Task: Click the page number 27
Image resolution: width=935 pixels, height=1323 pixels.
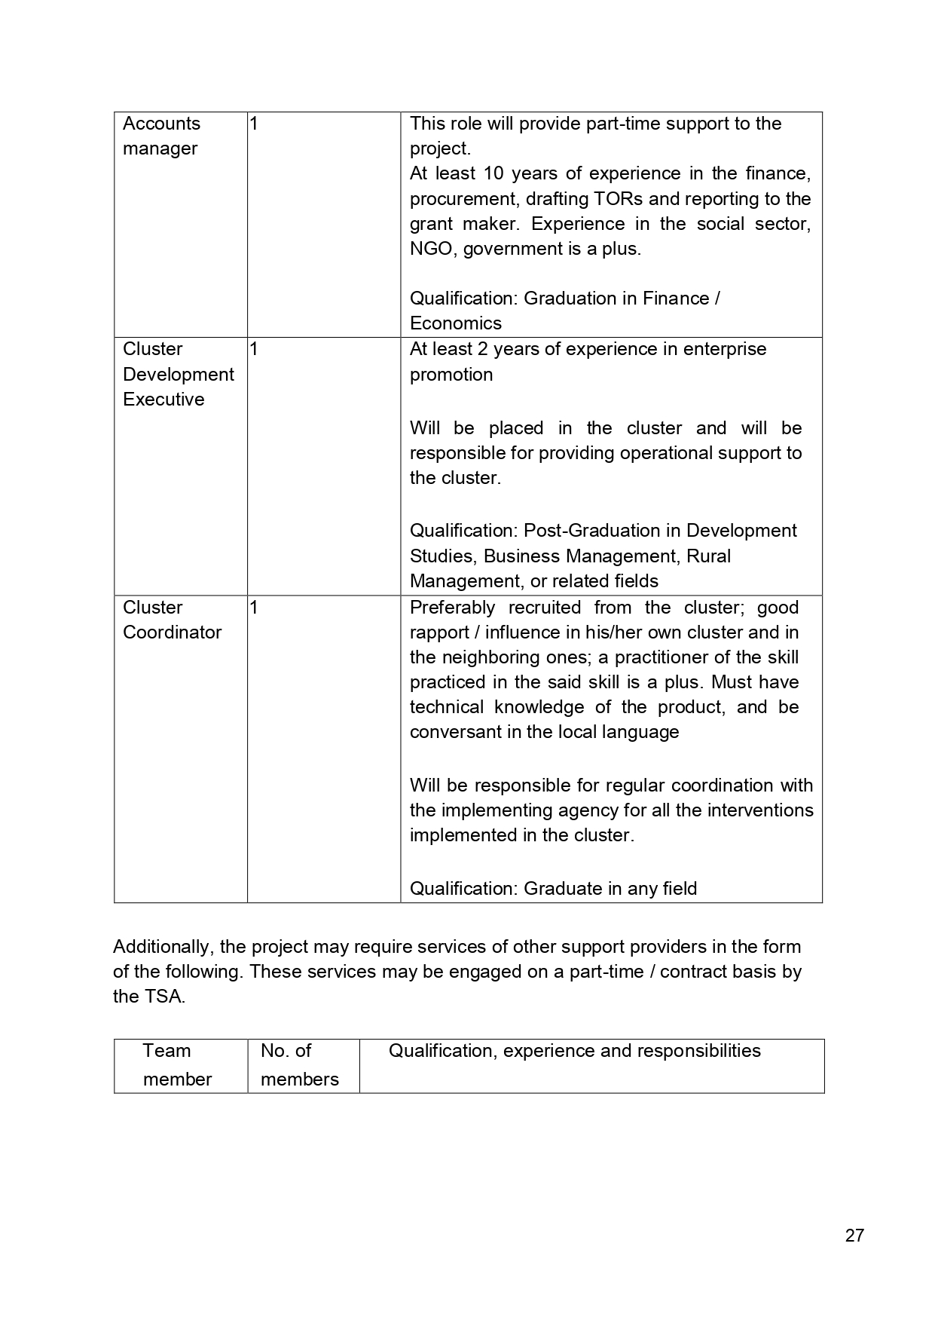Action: click(x=854, y=1235)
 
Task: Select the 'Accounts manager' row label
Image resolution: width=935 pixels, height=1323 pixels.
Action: click(x=161, y=136)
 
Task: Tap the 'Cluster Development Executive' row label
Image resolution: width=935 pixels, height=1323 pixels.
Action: click(x=178, y=374)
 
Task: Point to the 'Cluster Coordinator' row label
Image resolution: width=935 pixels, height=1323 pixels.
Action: click(x=172, y=620)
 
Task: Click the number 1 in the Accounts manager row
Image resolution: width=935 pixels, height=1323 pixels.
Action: click(x=254, y=124)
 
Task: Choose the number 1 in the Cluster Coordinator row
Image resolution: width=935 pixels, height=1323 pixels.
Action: click(x=254, y=608)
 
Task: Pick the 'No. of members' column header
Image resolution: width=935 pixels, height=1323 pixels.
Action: click(x=299, y=1064)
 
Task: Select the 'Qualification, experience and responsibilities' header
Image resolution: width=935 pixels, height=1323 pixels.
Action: click(x=574, y=1051)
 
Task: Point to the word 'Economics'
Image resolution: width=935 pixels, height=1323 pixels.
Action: click(x=455, y=323)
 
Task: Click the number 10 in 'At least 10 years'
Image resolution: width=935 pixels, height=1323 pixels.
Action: click(x=493, y=173)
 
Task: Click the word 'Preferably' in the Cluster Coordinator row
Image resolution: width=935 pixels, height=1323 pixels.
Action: click(x=452, y=608)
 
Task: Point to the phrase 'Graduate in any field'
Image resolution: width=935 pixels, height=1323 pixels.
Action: click(x=610, y=889)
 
